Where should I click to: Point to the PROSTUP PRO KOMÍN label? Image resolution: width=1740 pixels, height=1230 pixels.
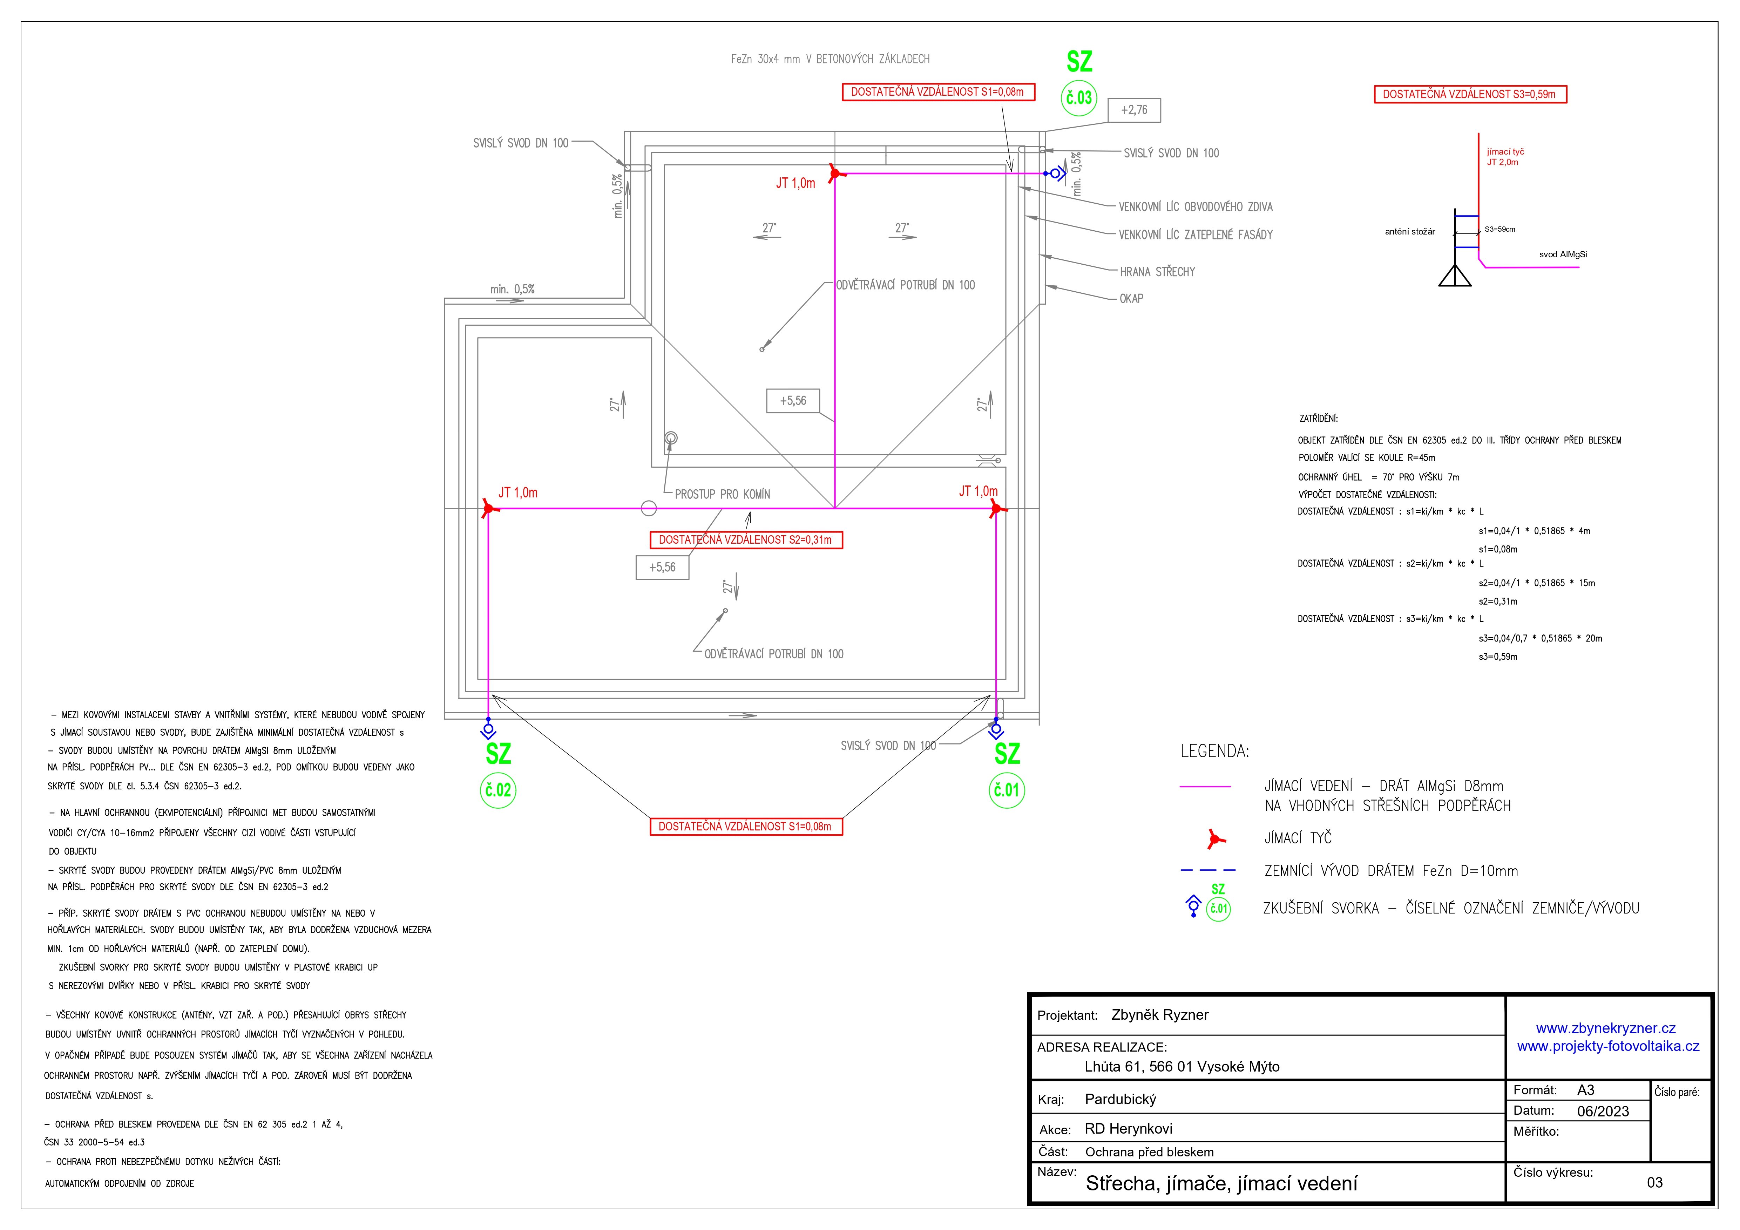722,494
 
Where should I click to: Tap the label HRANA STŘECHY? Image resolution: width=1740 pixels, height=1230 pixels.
1157,271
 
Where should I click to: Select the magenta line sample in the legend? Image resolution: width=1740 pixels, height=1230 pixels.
1205,787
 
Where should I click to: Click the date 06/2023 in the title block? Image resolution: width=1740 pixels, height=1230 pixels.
1603,1111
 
